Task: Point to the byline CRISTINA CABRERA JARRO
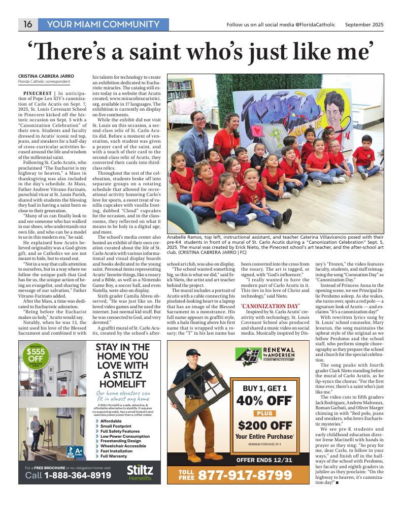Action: [46, 76]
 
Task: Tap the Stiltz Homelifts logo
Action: [140, 472]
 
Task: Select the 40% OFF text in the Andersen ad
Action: [264, 401]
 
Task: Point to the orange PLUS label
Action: [264, 413]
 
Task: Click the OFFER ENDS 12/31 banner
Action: [264, 461]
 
